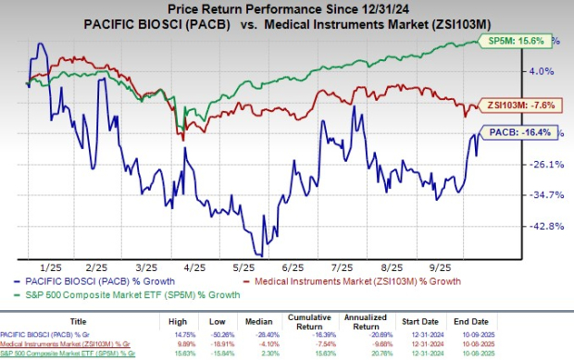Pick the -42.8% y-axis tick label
[540, 226]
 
